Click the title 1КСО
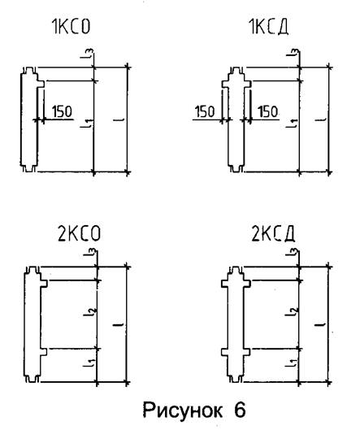[x=71, y=27]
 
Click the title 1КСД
[x=269, y=27]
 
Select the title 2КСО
[x=80, y=233]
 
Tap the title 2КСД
[x=273, y=234]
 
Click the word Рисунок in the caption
[x=183, y=410]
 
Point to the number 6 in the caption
[x=240, y=410]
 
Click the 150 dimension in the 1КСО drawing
[x=62, y=111]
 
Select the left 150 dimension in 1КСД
[x=205, y=111]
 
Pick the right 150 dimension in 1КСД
[x=267, y=111]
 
